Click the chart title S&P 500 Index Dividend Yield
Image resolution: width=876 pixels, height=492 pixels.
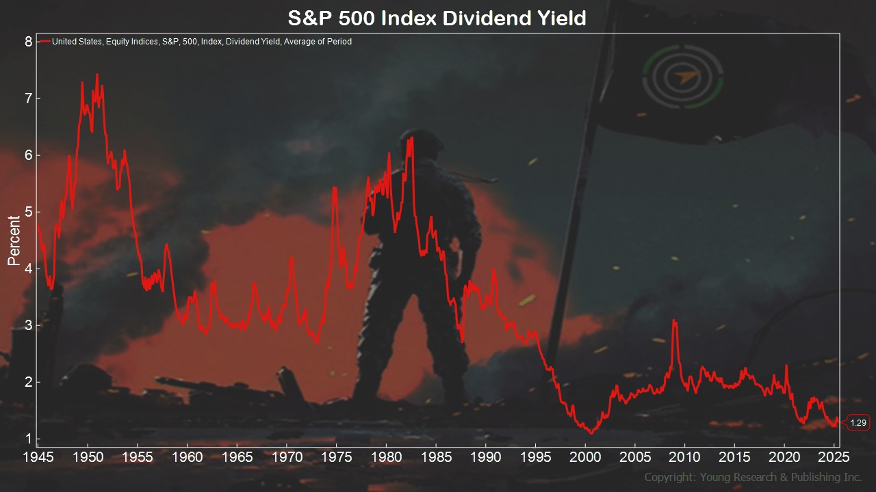pos(437,18)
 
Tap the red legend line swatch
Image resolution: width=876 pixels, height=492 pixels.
pos(45,41)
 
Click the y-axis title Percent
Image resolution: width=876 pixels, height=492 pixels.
pos(14,241)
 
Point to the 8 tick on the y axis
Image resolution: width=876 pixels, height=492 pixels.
pos(28,42)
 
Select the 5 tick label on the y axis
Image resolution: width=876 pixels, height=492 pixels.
pos(28,212)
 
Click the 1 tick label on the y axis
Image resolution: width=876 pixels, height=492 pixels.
pos(28,439)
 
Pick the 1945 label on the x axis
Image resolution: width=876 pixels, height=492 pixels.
pos(38,457)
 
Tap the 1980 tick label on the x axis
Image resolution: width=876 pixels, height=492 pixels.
pos(386,457)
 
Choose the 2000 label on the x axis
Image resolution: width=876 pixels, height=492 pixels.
pos(585,457)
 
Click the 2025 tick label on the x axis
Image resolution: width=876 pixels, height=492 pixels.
pos(834,457)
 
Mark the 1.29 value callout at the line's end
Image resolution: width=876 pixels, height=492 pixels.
pos(858,422)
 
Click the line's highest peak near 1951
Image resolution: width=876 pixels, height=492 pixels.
pos(97,74)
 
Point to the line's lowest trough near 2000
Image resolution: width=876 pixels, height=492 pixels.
pos(591,433)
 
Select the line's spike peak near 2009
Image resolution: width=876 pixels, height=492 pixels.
pos(674,320)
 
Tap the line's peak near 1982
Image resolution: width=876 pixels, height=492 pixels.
pos(411,137)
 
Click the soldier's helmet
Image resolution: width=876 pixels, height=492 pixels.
pos(420,140)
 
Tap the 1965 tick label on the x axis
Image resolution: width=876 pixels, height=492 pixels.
pos(237,457)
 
